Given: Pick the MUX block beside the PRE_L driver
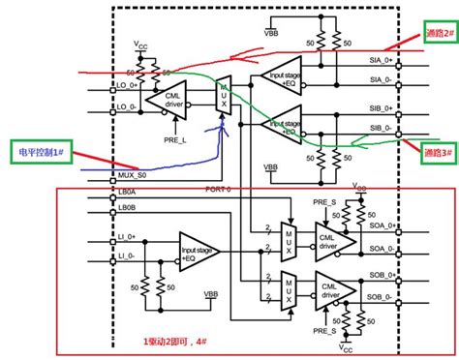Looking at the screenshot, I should pyautogui.click(x=222, y=98).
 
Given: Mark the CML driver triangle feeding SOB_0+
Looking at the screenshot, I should pyautogui.click(x=330, y=291).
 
